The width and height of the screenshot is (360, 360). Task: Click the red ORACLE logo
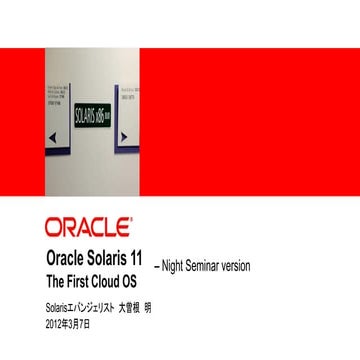[87, 224]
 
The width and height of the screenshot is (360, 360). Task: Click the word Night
[177, 266]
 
